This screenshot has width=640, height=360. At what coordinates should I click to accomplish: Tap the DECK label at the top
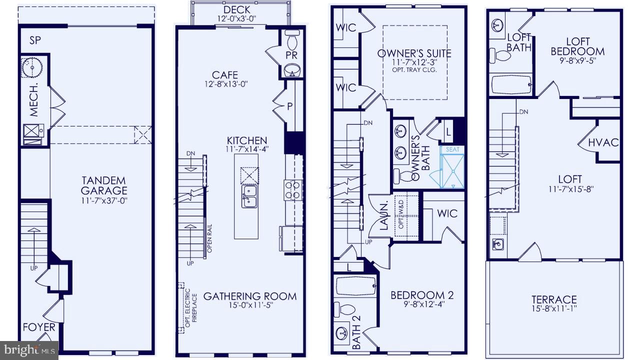[237, 9]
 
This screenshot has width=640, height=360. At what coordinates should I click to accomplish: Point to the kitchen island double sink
[249, 195]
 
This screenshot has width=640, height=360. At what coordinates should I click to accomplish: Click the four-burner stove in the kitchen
[293, 189]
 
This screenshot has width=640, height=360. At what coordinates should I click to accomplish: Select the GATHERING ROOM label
[249, 296]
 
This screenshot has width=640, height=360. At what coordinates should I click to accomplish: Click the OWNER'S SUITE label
[414, 53]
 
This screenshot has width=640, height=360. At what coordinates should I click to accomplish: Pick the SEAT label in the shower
[452, 149]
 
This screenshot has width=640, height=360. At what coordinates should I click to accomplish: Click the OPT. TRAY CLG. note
[414, 70]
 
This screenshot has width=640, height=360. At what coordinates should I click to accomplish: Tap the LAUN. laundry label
[383, 216]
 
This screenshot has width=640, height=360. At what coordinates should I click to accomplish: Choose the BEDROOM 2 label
[421, 295]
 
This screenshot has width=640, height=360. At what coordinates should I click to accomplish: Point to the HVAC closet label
[603, 142]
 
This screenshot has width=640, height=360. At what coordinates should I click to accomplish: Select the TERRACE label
[554, 299]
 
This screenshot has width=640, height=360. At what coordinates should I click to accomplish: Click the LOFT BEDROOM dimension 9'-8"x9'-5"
[577, 60]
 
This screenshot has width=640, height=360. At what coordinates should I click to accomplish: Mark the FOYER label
[39, 328]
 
